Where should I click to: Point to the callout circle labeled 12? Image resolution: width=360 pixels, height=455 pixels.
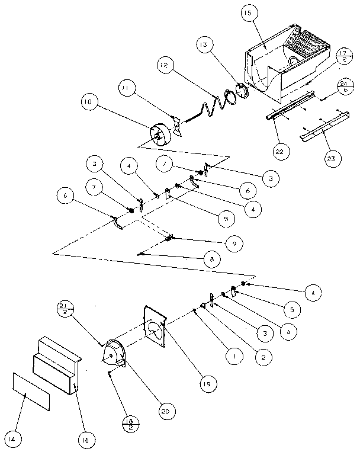click(x=167, y=64)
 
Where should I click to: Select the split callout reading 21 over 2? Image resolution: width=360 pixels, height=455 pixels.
click(x=64, y=309)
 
